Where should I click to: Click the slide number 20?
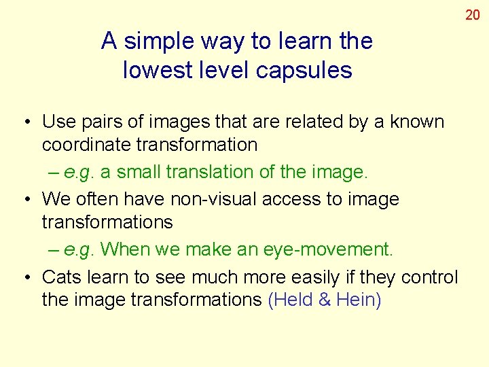473,14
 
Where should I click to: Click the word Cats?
61,277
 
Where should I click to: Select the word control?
430,277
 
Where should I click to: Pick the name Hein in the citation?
355,300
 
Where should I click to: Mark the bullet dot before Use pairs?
24,123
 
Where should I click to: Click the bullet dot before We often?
24,200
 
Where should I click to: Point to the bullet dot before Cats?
24,278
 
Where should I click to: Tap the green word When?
125,249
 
